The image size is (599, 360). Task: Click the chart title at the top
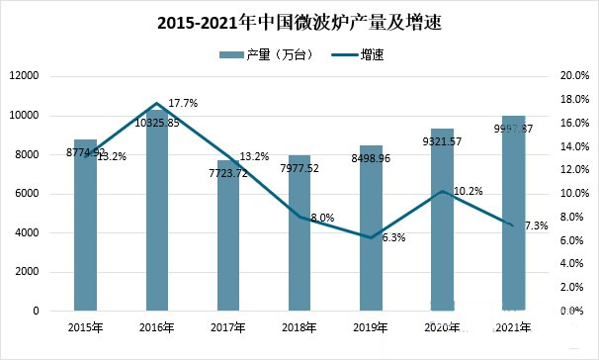coord(299,21)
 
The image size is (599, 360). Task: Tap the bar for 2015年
coord(86,237)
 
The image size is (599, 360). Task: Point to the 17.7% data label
coord(183,103)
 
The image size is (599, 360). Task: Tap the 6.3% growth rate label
coord(392,237)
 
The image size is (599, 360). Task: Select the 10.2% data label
coord(469,191)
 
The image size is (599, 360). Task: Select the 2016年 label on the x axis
coord(157,328)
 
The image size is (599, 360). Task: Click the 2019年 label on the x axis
coord(371,328)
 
